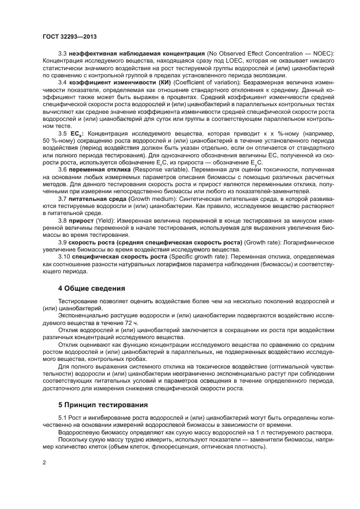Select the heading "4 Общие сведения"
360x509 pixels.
pyautogui.click(x=91, y=288)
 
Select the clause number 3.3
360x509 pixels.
pyautogui.click(x=63, y=54)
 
